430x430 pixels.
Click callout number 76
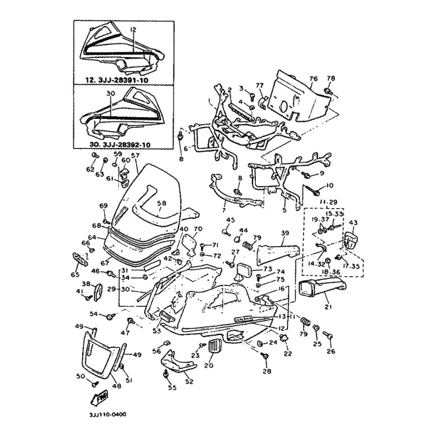313,78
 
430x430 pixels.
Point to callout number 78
331,79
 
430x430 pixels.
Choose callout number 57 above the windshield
134,156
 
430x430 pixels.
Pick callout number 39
285,232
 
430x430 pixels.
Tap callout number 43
353,223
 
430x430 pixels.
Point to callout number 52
189,381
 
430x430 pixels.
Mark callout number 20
209,365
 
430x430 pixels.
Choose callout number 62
91,170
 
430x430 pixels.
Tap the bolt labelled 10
315,189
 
